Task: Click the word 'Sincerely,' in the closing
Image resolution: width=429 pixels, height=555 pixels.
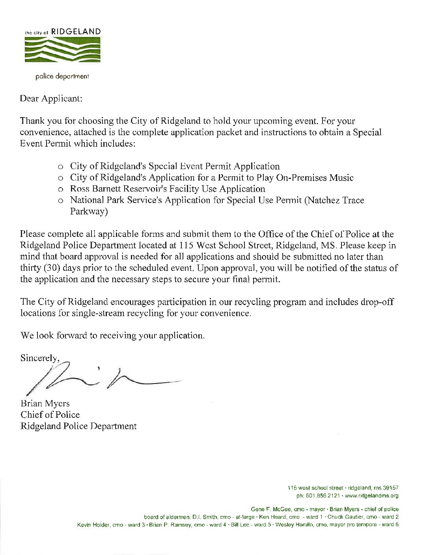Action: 40,358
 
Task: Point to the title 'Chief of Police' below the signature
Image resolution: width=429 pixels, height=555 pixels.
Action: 50,415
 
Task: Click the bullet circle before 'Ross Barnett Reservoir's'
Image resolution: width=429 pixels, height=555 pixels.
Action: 61,190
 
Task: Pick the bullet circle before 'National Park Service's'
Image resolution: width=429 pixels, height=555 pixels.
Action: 61,201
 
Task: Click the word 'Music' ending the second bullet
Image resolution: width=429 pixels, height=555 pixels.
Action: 341,178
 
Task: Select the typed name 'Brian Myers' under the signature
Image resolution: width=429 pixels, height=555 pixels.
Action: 45,403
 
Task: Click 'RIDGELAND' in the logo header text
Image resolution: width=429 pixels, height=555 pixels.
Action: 76,31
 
